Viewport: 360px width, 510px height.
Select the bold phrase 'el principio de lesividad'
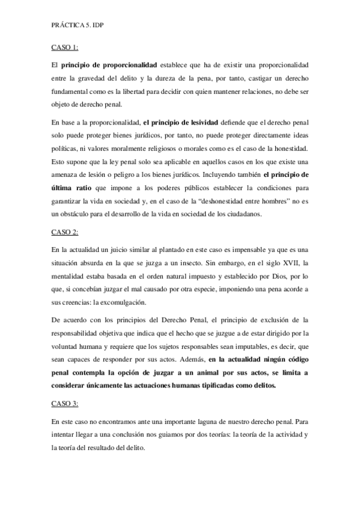click(x=184, y=121)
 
